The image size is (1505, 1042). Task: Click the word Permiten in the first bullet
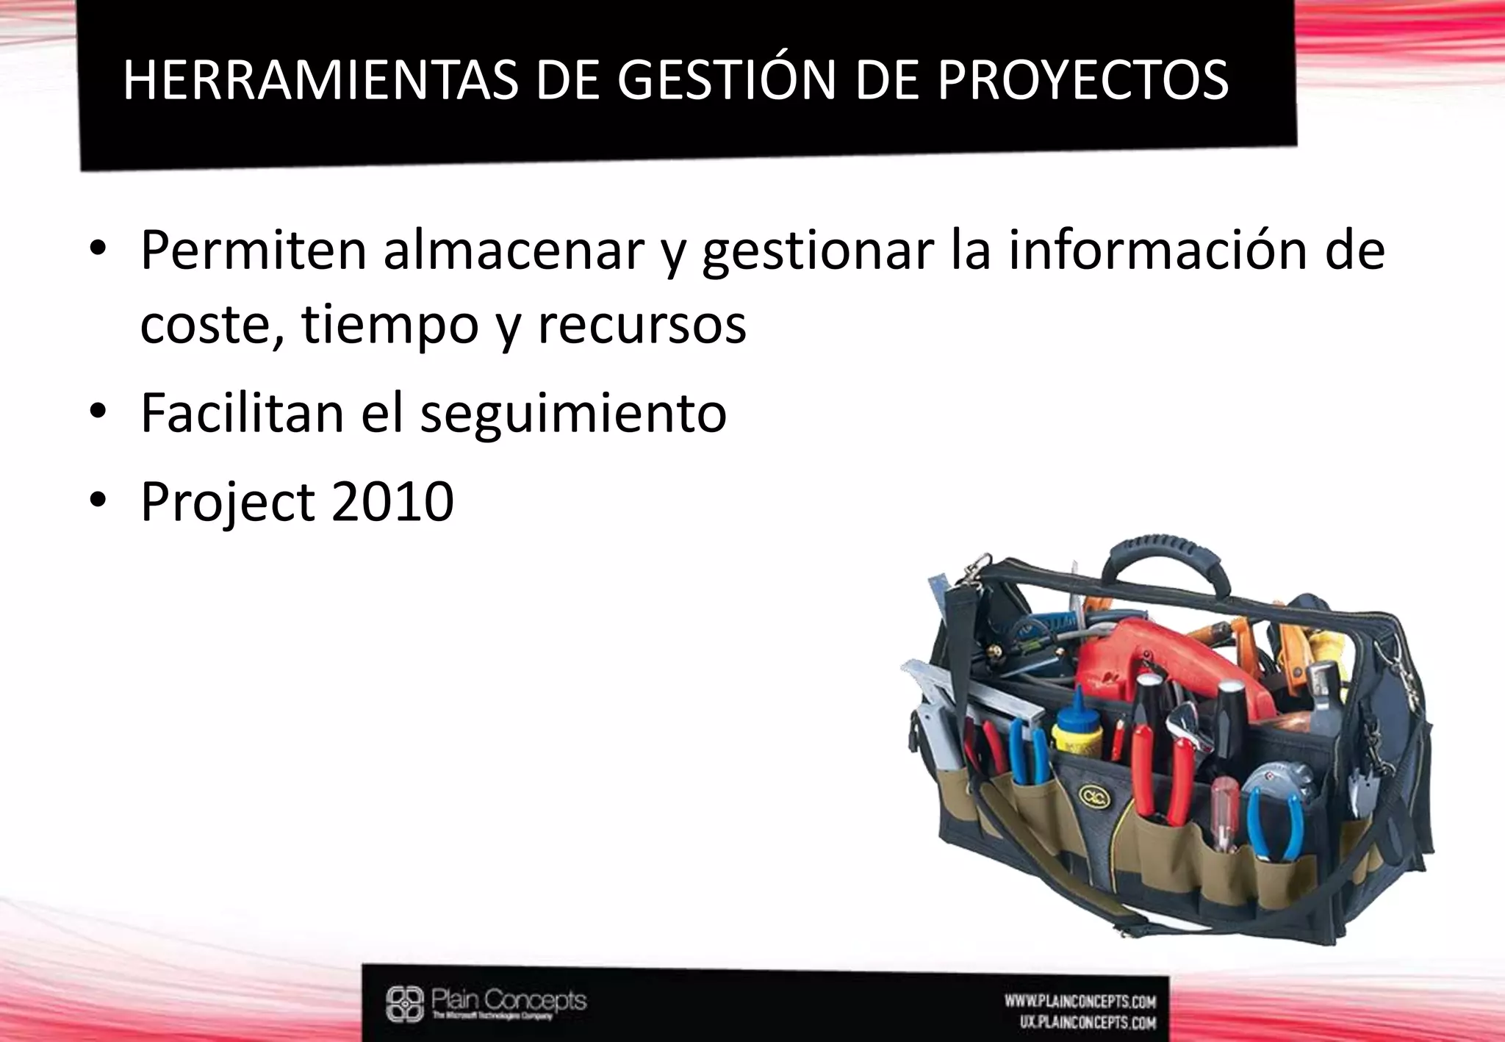(253, 251)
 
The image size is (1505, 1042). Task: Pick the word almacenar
(514, 251)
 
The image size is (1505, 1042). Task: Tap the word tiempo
(389, 326)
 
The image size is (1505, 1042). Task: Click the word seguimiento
(573, 414)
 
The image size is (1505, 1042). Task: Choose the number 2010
(392, 502)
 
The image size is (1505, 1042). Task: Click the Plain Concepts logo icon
(405, 1004)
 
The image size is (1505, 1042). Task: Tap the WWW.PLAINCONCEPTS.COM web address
(1080, 1001)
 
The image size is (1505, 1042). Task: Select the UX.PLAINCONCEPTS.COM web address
(1087, 1022)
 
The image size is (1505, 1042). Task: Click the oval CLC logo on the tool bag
(1090, 795)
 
